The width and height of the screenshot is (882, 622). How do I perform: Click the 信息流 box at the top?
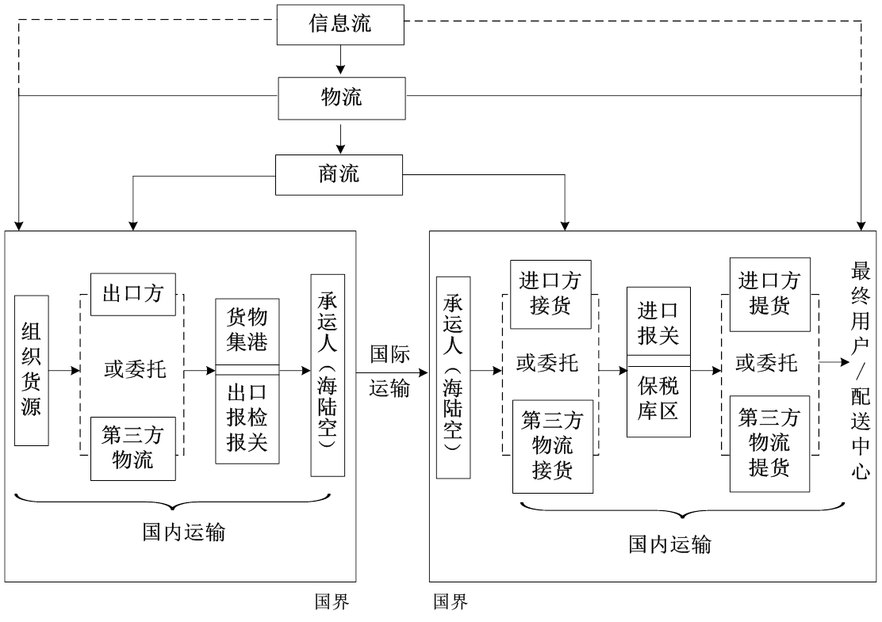(339, 25)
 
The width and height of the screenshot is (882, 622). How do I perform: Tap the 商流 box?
(339, 174)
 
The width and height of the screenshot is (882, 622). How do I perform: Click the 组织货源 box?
(32, 370)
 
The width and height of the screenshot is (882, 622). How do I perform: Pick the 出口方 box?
(132, 294)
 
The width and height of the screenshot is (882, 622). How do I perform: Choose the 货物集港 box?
(247, 330)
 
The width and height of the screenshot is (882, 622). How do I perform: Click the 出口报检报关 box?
(247, 418)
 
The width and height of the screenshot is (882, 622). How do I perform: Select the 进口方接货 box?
(550, 294)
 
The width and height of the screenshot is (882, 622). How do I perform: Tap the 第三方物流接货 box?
(552, 446)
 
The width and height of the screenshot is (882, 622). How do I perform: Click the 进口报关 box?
(658, 322)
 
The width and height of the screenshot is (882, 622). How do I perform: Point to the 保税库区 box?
(658, 401)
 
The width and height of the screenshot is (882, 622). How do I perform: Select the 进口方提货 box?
(769, 294)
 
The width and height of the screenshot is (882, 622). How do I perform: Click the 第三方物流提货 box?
(769, 443)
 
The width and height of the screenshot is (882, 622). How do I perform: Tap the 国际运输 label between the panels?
(390, 371)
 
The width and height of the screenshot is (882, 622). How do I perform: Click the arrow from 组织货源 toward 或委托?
(65, 370)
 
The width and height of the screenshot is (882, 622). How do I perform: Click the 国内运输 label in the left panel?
(184, 532)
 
